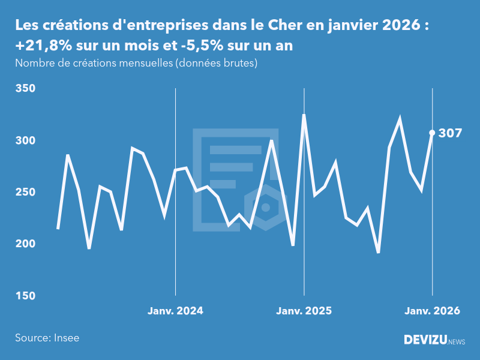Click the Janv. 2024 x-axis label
click(x=175, y=311)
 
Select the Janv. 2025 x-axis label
click(x=304, y=311)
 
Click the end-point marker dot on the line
click(x=432, y=133)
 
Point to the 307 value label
click(x=450, y=133)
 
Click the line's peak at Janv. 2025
click(x=304, y=115)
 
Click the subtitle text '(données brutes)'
click(x=216, y=63)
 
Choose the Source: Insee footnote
click(x=47, y=338)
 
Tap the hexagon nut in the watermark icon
click(x=265, y=208)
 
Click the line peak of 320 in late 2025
click(x=400, y=119)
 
